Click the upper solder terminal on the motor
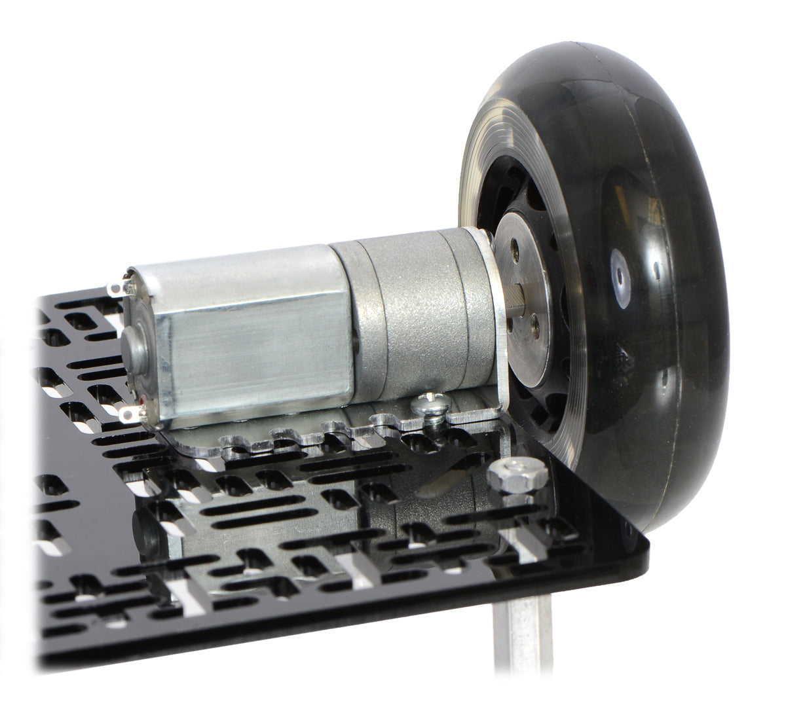(117, 287)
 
